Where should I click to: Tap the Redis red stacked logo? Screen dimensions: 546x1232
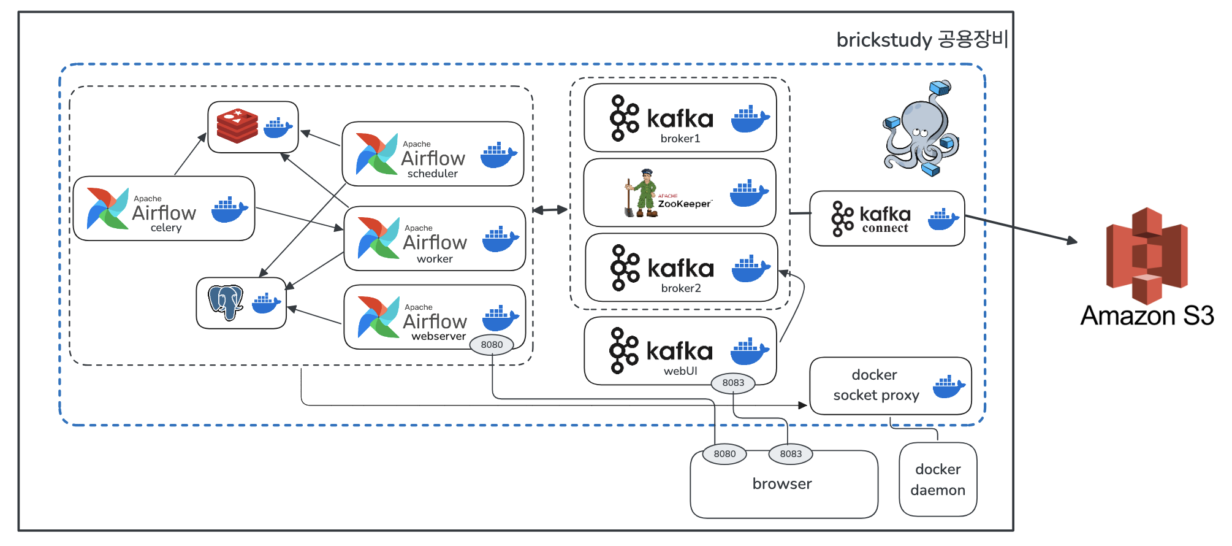(237, 126)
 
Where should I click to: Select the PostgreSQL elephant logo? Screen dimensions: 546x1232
(226, 302)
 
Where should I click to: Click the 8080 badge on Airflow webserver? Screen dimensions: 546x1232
(492, 345)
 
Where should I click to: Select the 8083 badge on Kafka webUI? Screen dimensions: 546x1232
(733, 383)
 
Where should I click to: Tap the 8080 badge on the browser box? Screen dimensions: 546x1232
(724, 454)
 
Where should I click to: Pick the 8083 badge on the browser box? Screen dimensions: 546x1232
(791, 454)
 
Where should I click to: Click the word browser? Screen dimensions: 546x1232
(782, 484)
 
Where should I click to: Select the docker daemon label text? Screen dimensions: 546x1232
(938, 480)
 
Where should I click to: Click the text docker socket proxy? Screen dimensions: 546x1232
(876, 385)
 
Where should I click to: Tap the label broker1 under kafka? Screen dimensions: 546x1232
(680, 139)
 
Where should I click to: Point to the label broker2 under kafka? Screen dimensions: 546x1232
(681, 288)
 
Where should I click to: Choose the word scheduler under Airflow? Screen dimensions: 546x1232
(433, 174)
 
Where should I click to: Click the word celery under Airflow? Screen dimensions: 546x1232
(166, 228)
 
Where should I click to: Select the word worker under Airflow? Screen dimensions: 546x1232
(435, 259)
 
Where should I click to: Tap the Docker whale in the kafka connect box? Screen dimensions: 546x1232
(943, 219)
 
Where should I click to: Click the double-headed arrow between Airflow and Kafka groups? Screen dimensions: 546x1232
(550, 210)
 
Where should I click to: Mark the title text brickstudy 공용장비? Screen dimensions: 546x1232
(922, 40)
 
